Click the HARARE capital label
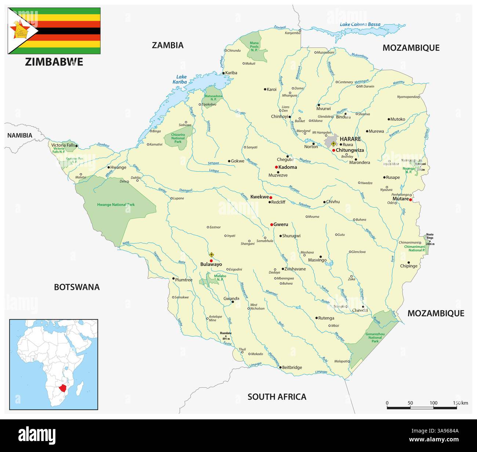(x=350, y=139)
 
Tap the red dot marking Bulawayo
(x=211, y=260)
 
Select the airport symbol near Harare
(x=333, y=144)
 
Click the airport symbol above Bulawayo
(x=211, y=254)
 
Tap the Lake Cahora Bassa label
(x=360, y=25)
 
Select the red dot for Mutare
(x=411, y=200)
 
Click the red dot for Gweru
(x=272, y=225)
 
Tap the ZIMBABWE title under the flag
(x=54, y=62)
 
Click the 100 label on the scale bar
(x=433, y=403)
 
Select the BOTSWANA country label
(x=77, y=287)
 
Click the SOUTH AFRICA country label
(x=277, y=397)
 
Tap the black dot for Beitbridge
(x=280, y=367)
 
